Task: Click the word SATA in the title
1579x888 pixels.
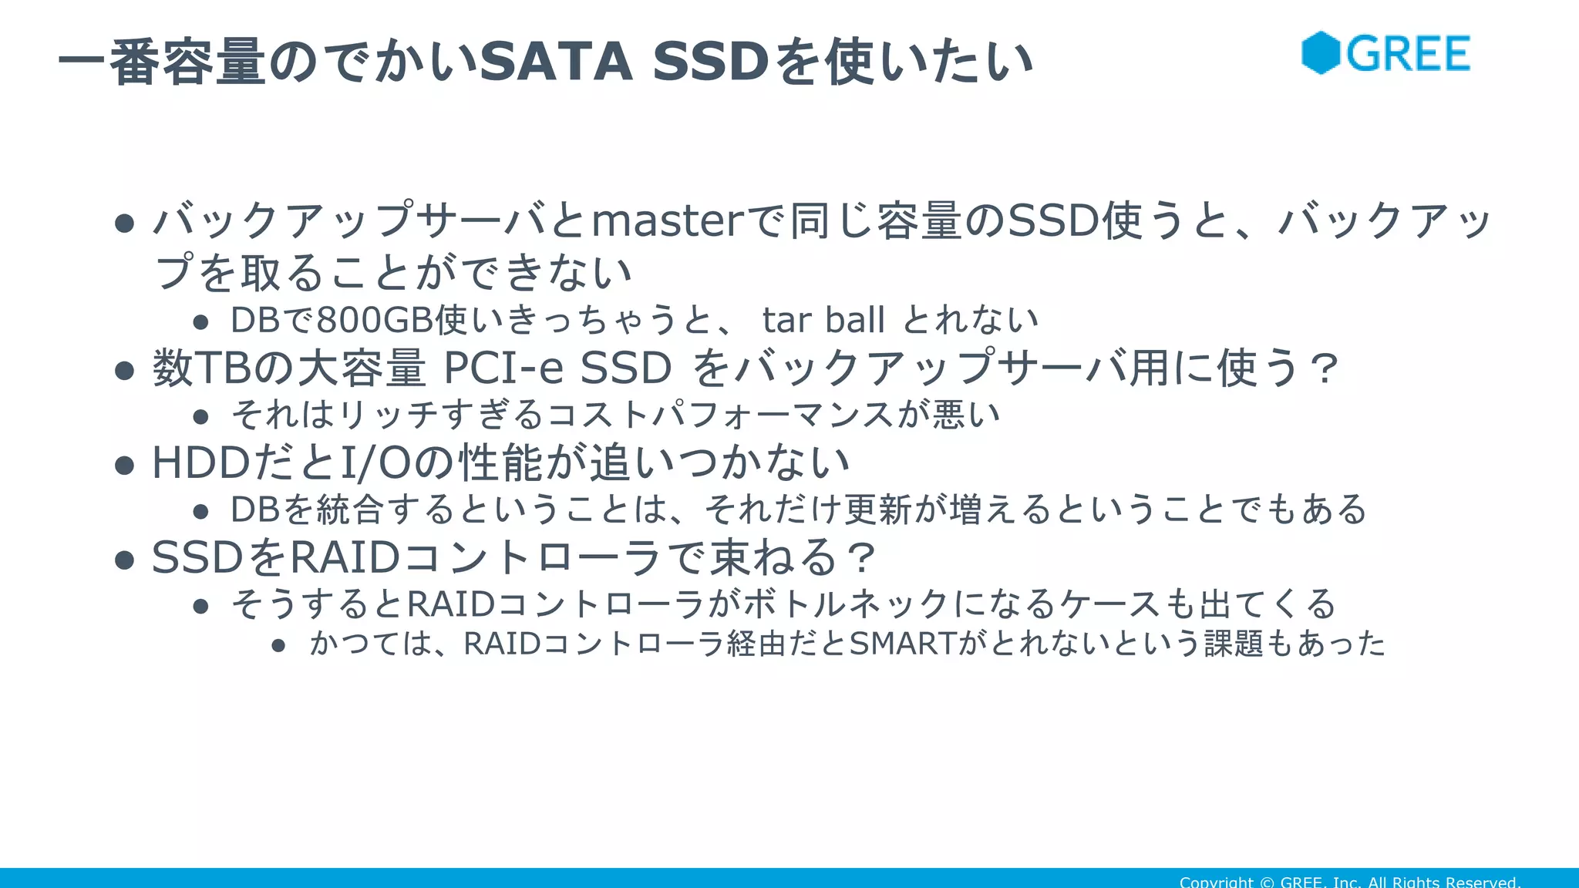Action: (555, 62)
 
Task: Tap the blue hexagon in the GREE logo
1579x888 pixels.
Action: (1321, 53)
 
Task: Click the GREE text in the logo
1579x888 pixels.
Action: (1408, 54)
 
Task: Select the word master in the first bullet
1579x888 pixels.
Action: (668, 221)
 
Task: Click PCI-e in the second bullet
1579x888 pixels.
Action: (503, 368)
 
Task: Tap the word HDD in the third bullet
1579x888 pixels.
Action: (201, 463)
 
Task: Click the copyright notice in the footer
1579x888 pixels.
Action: (1349, 882)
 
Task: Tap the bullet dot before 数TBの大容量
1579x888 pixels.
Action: (124, 371)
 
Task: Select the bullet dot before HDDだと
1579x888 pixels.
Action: (124, 466)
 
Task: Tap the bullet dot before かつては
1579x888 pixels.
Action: (279, 646)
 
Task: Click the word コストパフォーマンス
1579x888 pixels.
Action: (721, 415)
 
